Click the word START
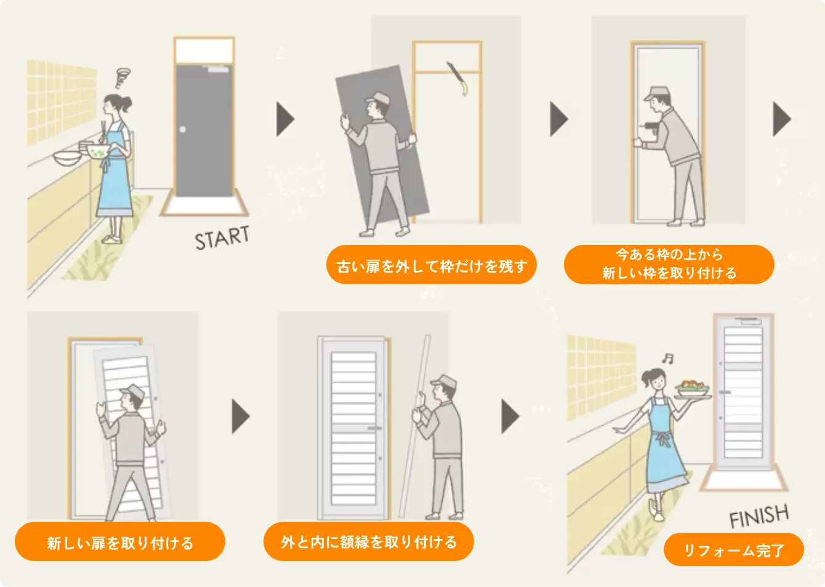222,238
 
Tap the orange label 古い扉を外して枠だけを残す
431,266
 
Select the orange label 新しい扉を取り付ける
120,543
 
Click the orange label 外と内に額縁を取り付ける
369,542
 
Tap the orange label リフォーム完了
733,550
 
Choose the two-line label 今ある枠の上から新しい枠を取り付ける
669,264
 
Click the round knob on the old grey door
183,129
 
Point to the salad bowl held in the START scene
98,151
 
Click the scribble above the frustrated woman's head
123,78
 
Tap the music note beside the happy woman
667,358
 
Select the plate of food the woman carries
692,389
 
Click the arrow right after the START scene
285,119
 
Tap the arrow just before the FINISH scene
510,417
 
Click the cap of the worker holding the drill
656,94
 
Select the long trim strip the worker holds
414,425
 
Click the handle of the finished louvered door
725,392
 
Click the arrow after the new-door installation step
240,417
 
